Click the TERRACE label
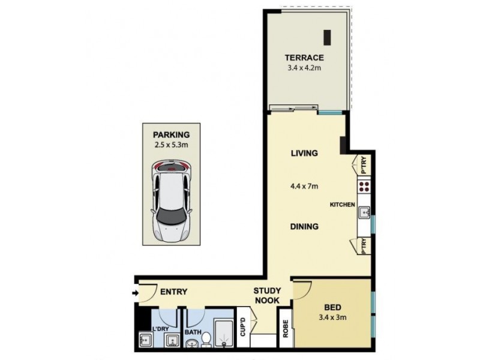coord(304,58)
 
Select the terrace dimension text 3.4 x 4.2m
coord(304,68)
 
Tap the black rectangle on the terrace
coord(326,37)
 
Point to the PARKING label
coord(171,134)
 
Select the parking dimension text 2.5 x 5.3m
coord(171,145)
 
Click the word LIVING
coord(304,153)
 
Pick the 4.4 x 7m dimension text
coord(304,186)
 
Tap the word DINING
coord(304,227)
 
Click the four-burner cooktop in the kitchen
coord(364,186)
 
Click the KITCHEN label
coord(343,205)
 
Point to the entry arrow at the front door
coord(136,293)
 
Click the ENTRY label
coord(174,292)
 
